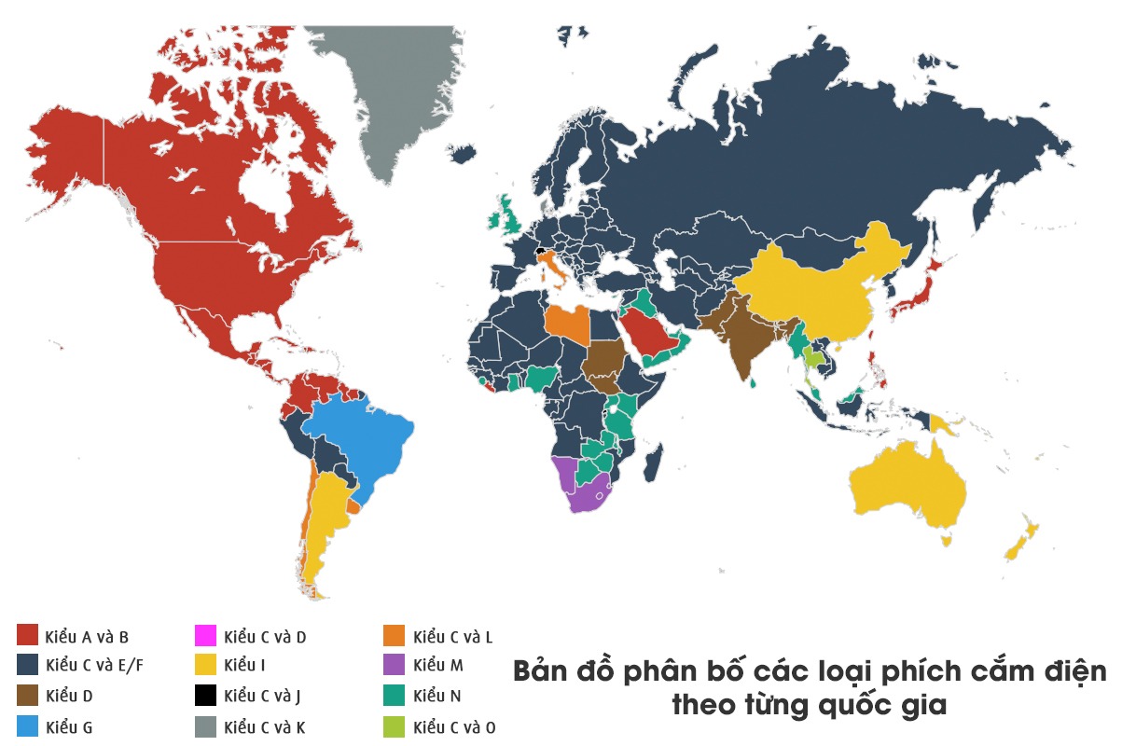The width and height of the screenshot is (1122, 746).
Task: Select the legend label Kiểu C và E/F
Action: point(92,666)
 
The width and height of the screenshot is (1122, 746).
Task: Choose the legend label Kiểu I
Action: point(245,666)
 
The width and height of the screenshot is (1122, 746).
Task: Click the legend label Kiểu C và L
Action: point(452,637)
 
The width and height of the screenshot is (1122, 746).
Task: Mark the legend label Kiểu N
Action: point(436,696)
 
